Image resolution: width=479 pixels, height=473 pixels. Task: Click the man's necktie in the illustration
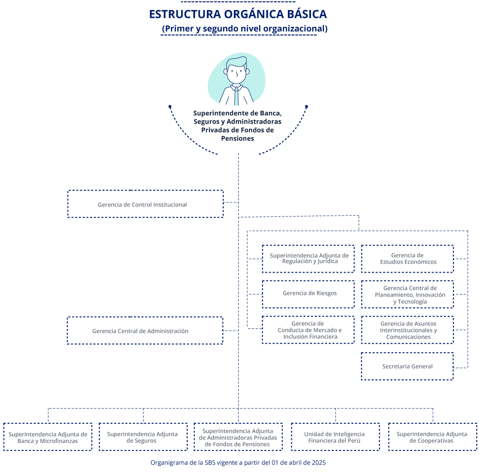(x=236, y=96)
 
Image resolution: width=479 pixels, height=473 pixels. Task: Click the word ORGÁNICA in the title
(x=254, y=14)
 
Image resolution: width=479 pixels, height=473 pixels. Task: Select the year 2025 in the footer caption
(x=319, y=462)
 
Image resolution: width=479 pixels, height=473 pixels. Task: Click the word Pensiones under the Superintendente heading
(x=237, y=139)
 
